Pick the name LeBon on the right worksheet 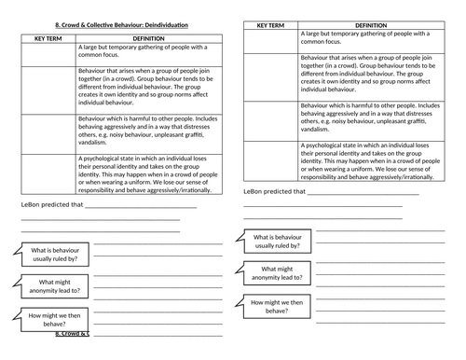[x=254, y=192]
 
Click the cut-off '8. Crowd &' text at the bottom [x=71, y=333]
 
